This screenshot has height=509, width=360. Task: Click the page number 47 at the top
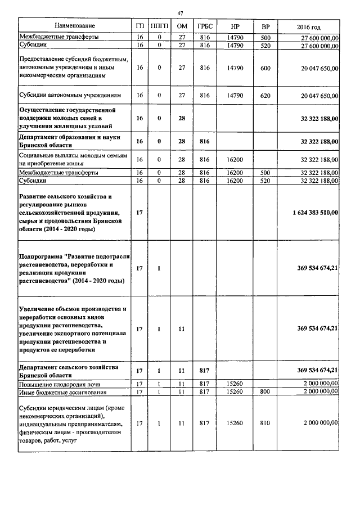180,13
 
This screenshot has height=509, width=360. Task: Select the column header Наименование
74,26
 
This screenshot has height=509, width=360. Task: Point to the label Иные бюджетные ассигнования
62,391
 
